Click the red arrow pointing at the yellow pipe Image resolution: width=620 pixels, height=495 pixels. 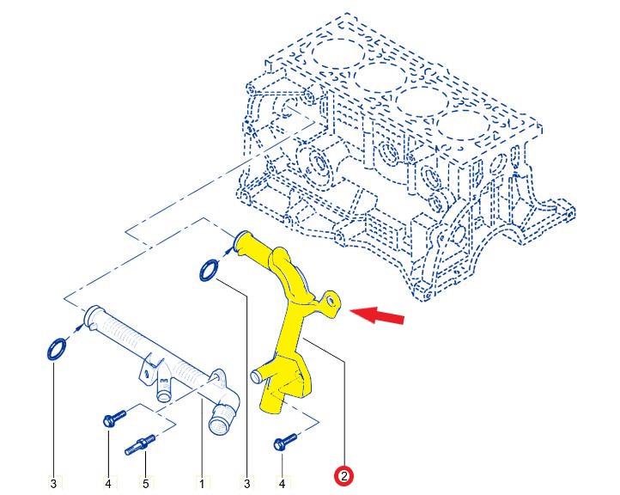pos(377,315)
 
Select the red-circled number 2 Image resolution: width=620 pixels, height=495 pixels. pos(344,475)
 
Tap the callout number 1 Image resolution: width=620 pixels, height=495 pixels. pos(202,484)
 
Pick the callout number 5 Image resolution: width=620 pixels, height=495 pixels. pos(146,484)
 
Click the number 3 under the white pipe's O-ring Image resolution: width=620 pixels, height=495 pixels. pos(53,484)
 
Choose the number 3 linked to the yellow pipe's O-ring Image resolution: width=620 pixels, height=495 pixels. pos(247,484)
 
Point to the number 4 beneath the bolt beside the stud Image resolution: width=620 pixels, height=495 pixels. pos(108,484)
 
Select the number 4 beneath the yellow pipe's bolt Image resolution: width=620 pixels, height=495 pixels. pos(282,484)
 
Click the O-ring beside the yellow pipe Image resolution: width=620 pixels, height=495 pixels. pos(209,271)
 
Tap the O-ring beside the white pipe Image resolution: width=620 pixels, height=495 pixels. pos(56,350)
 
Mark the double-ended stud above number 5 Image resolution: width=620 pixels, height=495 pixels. pos(140,445)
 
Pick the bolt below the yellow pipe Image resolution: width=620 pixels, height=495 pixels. pos(285,441)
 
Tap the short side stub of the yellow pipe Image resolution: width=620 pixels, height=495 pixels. pos(259,375)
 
